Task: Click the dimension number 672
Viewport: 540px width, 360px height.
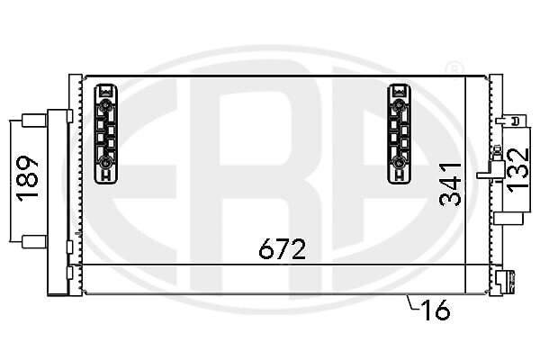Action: pos(282,248)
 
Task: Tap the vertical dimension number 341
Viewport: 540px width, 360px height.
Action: pos(451,184)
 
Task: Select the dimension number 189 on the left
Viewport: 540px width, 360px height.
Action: pos(28,178)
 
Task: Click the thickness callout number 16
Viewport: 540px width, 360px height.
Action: pos(436,310)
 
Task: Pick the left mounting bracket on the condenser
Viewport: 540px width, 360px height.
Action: pos(105,134)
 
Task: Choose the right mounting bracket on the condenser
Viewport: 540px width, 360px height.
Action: pos(399,134)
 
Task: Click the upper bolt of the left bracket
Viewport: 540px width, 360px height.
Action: pos(104,104)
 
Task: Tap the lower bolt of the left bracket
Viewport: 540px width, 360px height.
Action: pos(104,161)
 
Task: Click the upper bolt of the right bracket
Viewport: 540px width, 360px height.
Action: pos(398,104)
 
